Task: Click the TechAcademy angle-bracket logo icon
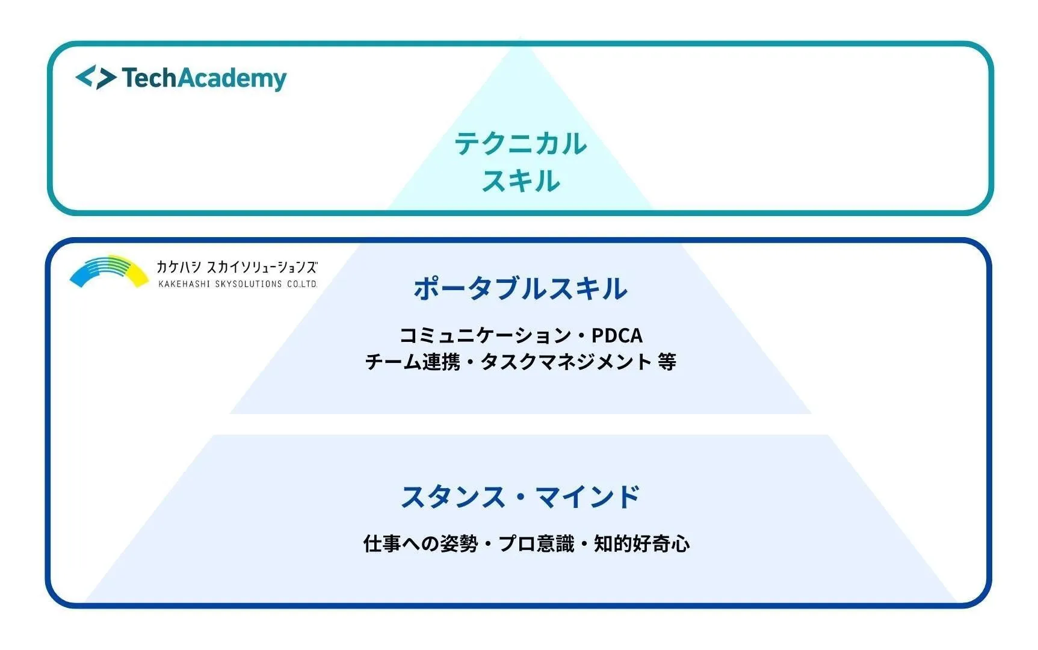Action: [x=96, y=78]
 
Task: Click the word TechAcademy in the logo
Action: [x=204, y=78]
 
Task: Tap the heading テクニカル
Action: [x=521, y=144]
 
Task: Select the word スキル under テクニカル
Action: [x=521, y=181]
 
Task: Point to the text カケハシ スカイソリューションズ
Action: [x=236, y=267]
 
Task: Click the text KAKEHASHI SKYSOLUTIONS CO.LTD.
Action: [x=237, y=284]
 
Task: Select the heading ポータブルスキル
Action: [x=521, y=288]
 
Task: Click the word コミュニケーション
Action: [x=485, y=335]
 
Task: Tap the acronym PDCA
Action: [x=617, y=335]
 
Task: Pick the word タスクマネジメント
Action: [x=566, y=362]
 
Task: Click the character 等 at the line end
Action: [x=667, y=362]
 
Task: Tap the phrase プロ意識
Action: [x=536, y=544]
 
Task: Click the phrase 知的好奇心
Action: [x=641, y=544]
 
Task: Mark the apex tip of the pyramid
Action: [x=521, y=40]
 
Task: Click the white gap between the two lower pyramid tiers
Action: [x=521, y=424]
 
